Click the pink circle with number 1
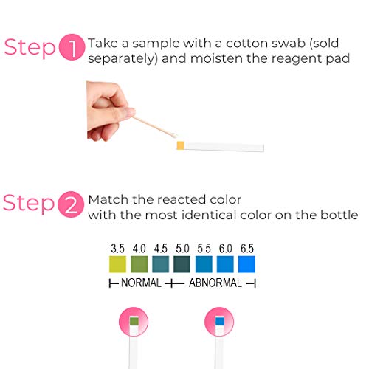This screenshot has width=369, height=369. click(72, 47)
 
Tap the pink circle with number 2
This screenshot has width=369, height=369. click(71, 204)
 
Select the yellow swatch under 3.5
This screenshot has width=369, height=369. click(117, 264)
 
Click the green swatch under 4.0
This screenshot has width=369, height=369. click(139, 264)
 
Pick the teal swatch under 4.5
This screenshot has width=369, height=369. click(161, 264)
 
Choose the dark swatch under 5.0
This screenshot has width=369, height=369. click(182, 264)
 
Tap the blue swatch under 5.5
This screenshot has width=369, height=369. click(204, 264)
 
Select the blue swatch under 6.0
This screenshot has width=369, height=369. click(225, 264)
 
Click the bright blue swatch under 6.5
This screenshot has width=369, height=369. click(246, 264)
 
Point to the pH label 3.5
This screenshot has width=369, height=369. click(117, 249)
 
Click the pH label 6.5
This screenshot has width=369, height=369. click(247, 249)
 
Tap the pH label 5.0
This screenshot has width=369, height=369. click(182, 249)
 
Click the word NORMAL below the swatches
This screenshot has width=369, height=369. click(141, 283)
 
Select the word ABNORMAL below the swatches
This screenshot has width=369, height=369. click(215, 283)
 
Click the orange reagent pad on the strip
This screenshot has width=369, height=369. click(181, 145)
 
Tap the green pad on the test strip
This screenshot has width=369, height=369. click(134, 321)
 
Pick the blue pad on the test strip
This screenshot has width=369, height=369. click(220, 321)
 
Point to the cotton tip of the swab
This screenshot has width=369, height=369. click(173, 136)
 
